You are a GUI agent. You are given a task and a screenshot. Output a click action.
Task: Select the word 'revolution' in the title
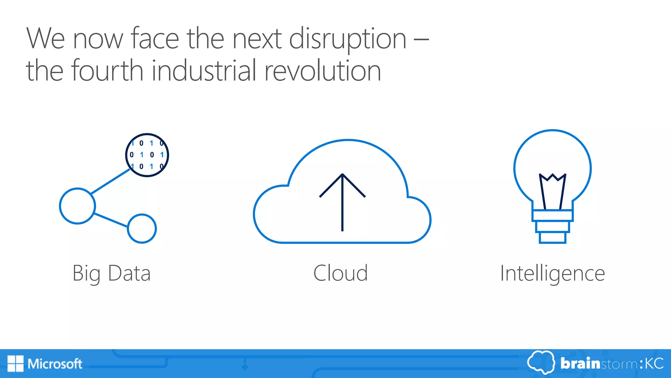(x=322, y=70)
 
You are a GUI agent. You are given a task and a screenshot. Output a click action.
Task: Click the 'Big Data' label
(x=111, y=273)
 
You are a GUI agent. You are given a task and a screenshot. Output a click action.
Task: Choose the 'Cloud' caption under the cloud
(x=340, y=273)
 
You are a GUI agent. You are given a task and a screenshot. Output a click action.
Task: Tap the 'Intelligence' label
(x=552, y=273)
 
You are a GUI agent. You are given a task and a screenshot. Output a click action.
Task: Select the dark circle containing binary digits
(x=147, y=155)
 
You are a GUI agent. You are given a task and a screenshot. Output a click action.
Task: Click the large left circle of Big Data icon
(x=77, y=206)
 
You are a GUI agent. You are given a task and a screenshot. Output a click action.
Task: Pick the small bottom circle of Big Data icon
(x=142, y=229)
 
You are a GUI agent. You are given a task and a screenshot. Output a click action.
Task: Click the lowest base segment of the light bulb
(x=552, y=238)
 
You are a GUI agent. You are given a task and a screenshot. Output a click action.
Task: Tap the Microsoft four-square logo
(x=15, y=364)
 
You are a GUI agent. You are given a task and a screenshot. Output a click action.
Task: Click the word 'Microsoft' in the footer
(x=55, y=364)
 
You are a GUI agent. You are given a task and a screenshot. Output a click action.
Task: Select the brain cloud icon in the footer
(x=541, y=362)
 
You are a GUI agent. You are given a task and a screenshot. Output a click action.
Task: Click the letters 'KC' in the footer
(x=654, y=364)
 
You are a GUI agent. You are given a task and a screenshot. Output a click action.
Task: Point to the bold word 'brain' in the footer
(x=580, y=364)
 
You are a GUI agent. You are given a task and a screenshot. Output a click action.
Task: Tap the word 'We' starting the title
(x=45, y=39)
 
